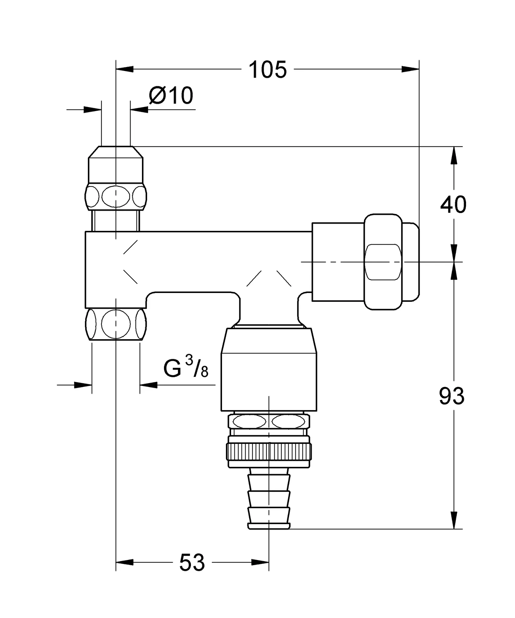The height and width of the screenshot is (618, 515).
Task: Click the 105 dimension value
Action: point(268,70)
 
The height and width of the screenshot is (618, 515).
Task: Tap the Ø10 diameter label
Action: point(171,96)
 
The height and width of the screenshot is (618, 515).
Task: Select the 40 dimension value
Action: point(453,205)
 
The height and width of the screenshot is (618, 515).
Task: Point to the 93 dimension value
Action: point(452,396)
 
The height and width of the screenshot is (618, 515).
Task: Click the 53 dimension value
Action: point(192,563)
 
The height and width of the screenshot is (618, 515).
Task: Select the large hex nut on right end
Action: point(383,262)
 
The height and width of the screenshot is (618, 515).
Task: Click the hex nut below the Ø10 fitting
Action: point(116,196)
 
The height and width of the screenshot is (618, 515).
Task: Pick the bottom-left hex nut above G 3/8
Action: point(116,324)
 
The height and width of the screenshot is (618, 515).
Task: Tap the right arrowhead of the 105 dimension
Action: point(411,69)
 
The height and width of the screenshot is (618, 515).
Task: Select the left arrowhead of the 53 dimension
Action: point(124,562)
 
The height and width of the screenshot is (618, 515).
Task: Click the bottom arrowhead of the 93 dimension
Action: point(453,520)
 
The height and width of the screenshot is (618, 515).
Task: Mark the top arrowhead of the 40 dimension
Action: point(453,155)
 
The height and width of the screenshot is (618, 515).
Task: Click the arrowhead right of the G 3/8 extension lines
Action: point(149,385)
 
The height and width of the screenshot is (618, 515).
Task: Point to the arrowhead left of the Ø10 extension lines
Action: point(92,109)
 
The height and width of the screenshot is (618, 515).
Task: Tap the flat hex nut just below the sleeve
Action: point(269,422)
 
